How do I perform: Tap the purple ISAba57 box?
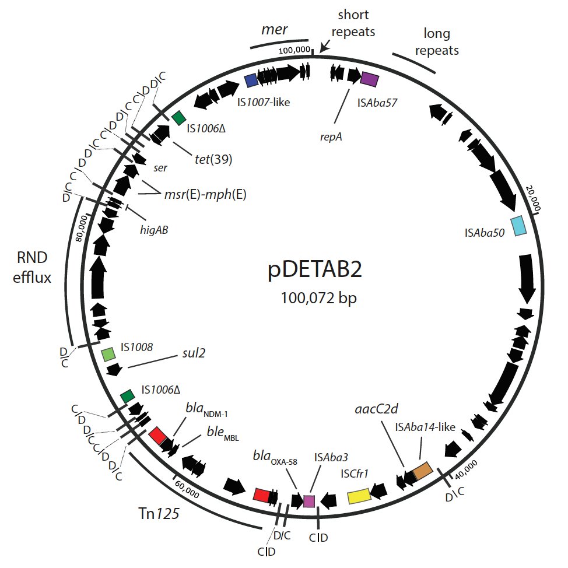click(370, 79)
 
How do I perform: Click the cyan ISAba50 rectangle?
click(518, 226)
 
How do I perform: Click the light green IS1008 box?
click(108, 354)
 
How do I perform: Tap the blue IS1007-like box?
click(251, 80)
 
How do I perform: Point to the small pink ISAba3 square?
click(308, 501)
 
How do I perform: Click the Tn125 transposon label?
click(155, 514)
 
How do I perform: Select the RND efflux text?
click(34, 268)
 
